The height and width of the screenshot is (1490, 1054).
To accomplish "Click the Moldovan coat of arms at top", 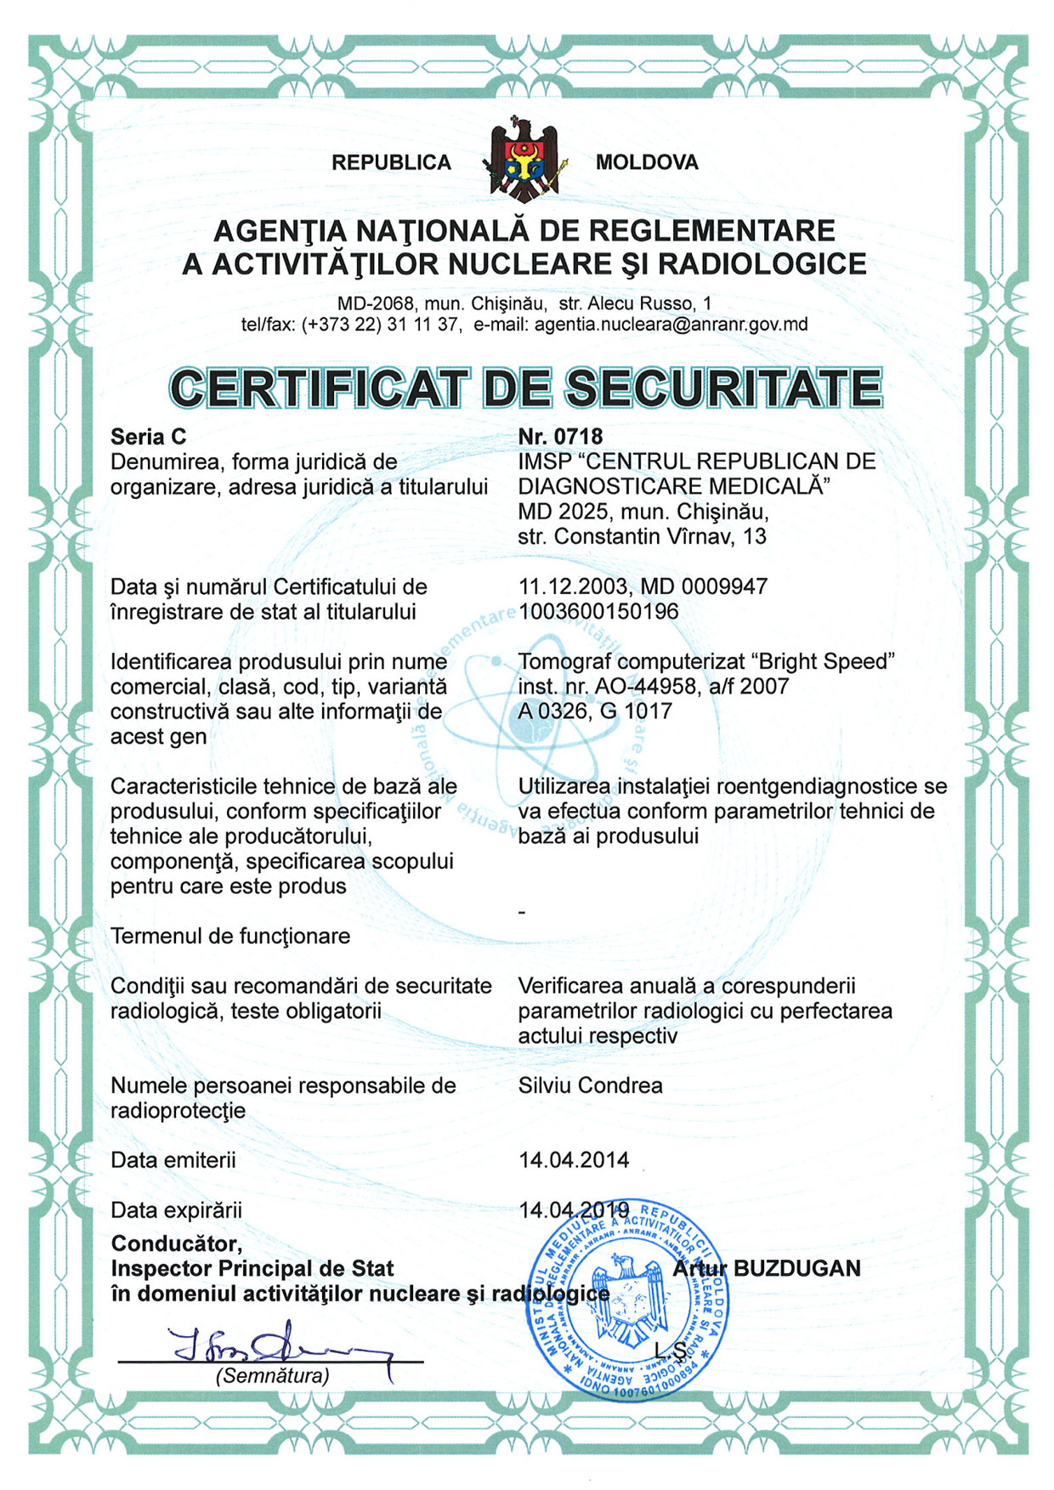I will pyautogui.click(x=524, y=160).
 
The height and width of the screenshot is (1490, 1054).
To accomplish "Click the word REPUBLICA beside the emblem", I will pyautogui.click(x=391, y=162).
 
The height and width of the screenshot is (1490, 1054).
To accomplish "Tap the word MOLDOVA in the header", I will pyautogui.click(x=647, y=162).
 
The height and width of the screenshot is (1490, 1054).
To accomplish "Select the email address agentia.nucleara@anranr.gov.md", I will pyautogui.click(x=671, y=324).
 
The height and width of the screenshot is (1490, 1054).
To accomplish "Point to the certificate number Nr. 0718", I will pyautogui.click(x=560, y=436).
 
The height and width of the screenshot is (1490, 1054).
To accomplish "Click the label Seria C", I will pyautogui.click(x=148, y=437).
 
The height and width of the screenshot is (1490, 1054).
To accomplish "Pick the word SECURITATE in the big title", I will pyautogui.click(x=723, y=388).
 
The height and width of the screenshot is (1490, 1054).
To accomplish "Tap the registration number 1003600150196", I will pyautogui.click(x=598, y=611).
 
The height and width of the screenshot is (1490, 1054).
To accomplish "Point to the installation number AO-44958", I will pyautogui.click(x=625, y=686).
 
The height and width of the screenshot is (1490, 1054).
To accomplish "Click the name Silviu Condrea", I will pyautogui.click(x=590, y=1085).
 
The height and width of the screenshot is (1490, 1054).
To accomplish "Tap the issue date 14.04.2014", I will pyautogui.click(x=574, y=1160).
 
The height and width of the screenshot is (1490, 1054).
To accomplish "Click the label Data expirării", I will pyautogui.click(x=176, y=1210).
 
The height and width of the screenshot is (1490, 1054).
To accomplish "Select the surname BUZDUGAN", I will pyautogui.click(x=796, y=1268).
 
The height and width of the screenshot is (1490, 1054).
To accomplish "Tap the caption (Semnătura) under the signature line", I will pyautogui.click(x=272, y=1375).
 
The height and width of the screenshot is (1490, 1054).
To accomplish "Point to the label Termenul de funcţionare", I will pyautogui.click(x=229, y=936).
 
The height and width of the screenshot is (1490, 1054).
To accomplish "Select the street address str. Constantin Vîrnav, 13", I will pyautogui.click(x=642, y=536).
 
